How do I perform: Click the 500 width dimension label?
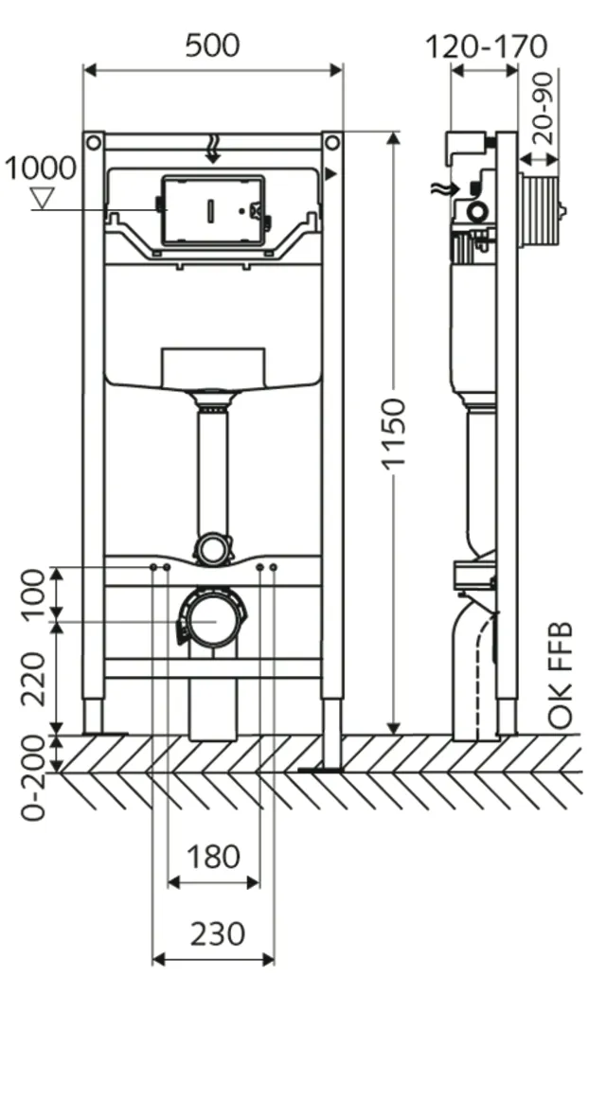coord(212,44)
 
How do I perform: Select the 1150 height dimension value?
coord(392,433)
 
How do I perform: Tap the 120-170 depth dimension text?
coord(486,45)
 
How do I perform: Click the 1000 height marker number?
coord(40,169)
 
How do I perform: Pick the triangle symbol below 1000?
coord(41,197)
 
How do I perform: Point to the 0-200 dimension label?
coord(34,779)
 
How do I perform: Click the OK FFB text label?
coord(561,675)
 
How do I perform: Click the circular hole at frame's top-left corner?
coord(93,143)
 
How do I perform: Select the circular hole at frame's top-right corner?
coord(331,143)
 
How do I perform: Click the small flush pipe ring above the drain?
coord(212,549)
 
